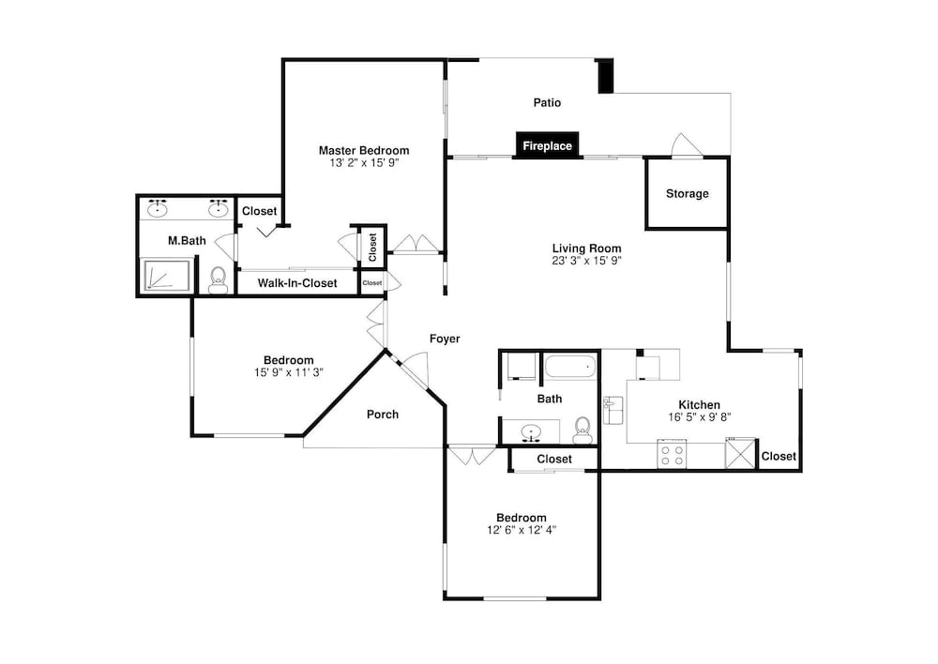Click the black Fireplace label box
click(x=548, y=145)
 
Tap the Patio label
click(x=548, y=103)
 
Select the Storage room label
click(x=688, y=194)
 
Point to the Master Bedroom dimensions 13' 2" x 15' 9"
click(x=364, y=162)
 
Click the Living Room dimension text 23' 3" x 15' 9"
click(x=587, y=261)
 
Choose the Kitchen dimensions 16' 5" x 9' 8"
click(x=700, y=417)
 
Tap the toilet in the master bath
click(x=219, y=280)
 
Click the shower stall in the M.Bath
click(x=167, y=276)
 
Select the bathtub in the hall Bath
click(x=570, y=366)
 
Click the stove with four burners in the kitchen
click(x=672, y=454)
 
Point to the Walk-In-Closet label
click(x=297, y=283)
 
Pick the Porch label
click(x=383, y=414)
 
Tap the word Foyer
click(x=445, y=339)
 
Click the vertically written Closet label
click(x=372, y=247)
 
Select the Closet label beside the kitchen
click(x=779, y=456)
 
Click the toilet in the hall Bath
click(x=582, y=430)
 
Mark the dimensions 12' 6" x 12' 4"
click(x=522, y=530)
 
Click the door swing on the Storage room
click(x=686, y=144)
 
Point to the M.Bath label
click(x=187, y=240)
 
